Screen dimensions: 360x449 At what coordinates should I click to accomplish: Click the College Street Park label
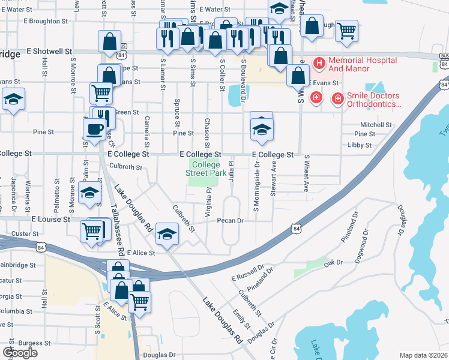pyautogui.click(x=206, y=169)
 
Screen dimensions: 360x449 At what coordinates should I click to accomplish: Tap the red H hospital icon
pyautogui.click(x=319, y=62)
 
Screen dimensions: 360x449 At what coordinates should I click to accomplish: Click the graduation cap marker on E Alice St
pyautogui.click(x=166, y=233)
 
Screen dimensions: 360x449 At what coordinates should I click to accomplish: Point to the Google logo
pyautogui.click(x=19, y=353)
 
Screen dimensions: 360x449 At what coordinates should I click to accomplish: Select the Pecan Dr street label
pyautogui.click(x=229, y=220)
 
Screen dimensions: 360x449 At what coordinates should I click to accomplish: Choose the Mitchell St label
pyautogui.click(x=376, y=125)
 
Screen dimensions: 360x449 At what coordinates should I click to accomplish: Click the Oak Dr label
pyautogui.click(x=332, y=262)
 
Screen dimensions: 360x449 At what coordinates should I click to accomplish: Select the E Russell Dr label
pyautogui.click(x=248, y=273)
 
